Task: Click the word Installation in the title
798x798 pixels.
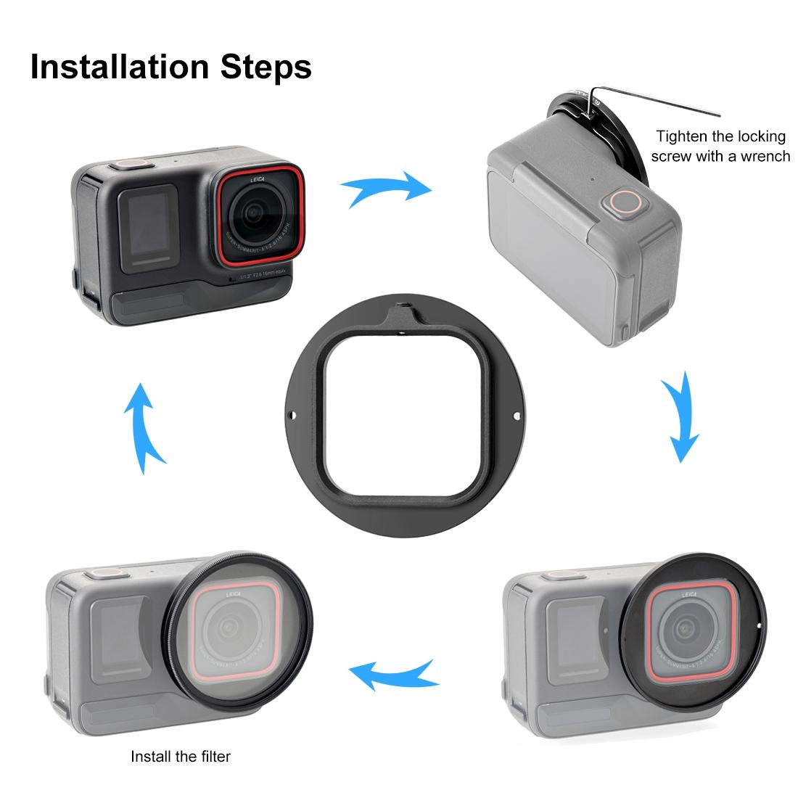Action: tap(119, 67)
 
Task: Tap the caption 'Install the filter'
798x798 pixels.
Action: tap(181, 757)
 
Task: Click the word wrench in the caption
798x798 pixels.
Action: tap(762, 155)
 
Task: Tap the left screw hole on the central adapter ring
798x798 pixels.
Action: tap(293, 416)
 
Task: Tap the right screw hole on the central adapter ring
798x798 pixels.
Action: tap(516, 416)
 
